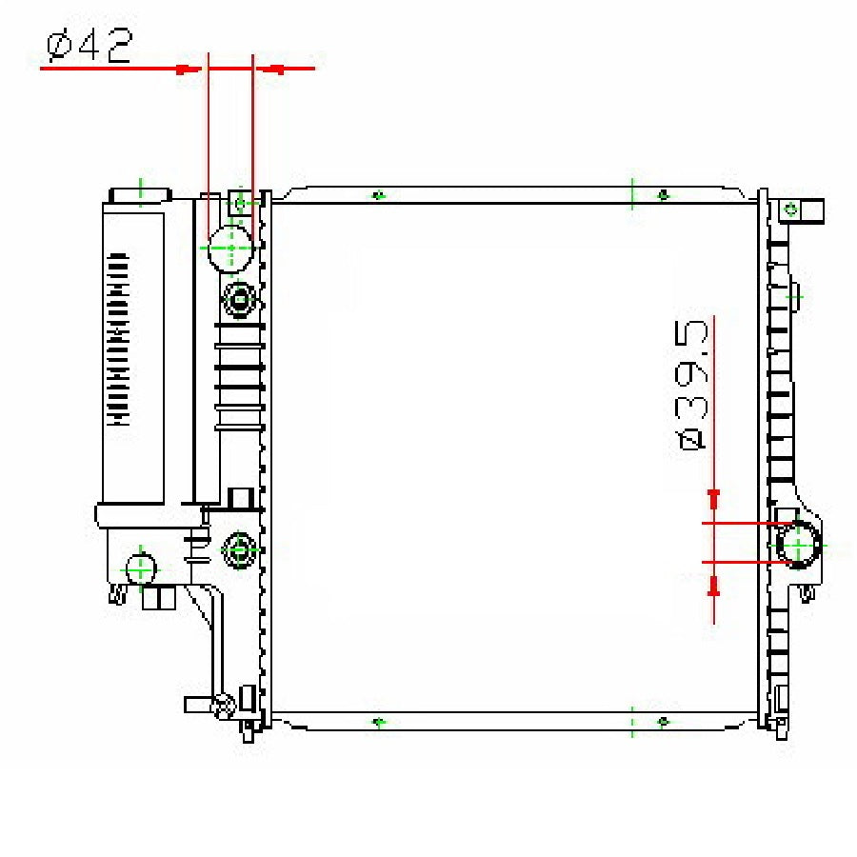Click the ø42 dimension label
90,46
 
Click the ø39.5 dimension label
691,385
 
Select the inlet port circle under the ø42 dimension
231,249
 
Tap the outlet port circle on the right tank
799,545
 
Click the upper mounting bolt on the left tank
239,300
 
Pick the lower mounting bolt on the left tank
239,549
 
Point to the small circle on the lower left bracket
141,569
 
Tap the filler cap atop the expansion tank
141,195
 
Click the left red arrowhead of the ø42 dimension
189,69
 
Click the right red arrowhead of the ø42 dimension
271,69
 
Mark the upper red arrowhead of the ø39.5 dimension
713,499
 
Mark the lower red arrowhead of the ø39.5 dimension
713,586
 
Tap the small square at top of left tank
239,204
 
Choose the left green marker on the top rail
379,195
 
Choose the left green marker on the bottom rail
379,723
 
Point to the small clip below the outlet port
807,594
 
